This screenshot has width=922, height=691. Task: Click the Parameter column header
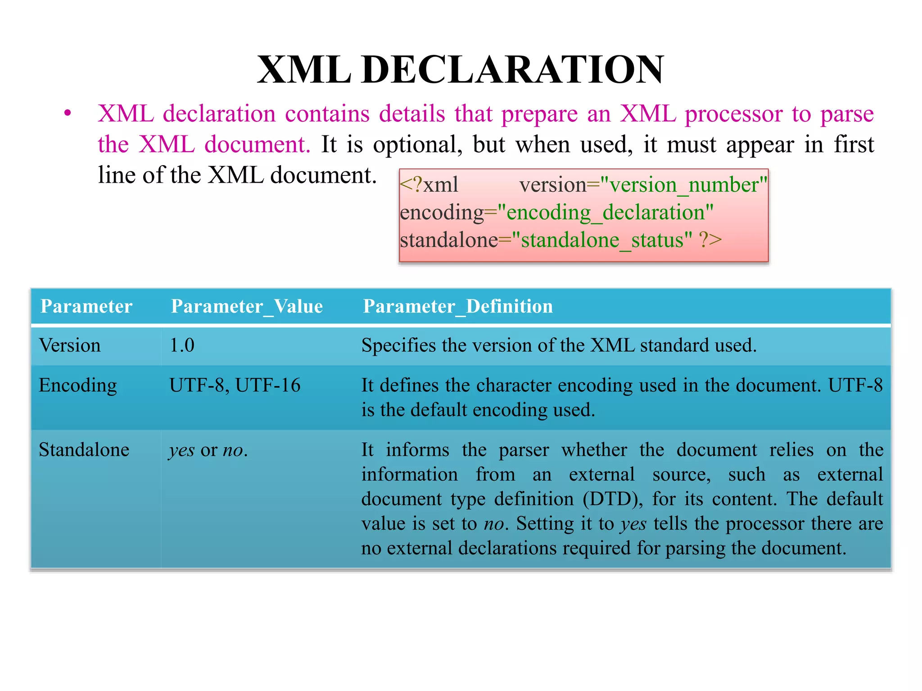pos(86,306)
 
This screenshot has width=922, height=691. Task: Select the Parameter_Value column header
pos(247,306)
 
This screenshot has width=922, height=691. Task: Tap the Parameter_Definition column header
pos(457,306)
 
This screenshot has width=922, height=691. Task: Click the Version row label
pos(70,345)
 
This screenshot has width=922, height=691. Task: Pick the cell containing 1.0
pos(182,345)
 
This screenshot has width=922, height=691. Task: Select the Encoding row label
pos(77,386)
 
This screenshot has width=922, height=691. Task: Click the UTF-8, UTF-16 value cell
pos(235,386)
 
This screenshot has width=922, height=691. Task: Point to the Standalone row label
pos(84,450)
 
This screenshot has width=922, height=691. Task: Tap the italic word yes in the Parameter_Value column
pos(182,451)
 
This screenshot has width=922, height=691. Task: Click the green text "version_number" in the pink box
pos(684,185)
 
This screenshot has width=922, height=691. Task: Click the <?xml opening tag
pos(429,185)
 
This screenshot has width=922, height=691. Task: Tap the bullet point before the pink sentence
pos(68,113)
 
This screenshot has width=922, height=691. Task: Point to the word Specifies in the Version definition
pos(398,345)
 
